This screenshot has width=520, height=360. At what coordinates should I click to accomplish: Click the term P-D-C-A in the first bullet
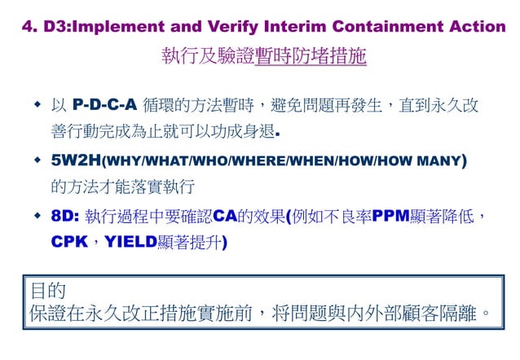point(104,106)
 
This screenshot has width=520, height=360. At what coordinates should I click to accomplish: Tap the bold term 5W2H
point(76,160)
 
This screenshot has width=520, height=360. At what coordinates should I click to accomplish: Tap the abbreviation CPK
point(68,243)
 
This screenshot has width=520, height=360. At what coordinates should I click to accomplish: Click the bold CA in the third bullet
point(224,216)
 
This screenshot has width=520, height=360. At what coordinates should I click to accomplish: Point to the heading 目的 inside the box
point(47,291)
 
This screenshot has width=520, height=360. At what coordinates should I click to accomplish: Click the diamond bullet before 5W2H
point(37,160)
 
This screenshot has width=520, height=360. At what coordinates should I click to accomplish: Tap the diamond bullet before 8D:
point(37,215)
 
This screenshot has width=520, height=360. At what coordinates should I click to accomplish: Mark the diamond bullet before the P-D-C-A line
point(37,105)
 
